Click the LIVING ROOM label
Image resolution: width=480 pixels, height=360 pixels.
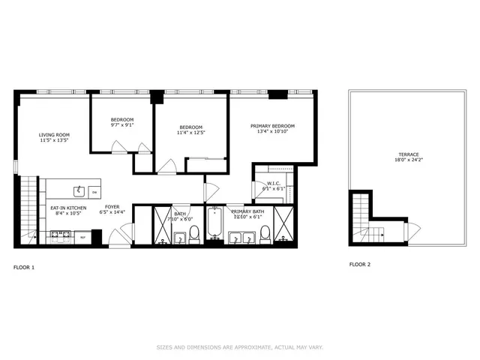tap(54, 136)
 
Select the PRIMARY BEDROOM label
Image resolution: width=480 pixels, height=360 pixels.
tap(272, 126)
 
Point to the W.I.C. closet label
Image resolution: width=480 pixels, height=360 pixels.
tap(273, 183)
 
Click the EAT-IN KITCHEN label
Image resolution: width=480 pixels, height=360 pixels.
tap(68, 208)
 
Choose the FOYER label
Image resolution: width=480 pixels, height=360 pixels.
tap(112, 207)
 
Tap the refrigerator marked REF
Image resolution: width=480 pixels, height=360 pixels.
tap(82, 238)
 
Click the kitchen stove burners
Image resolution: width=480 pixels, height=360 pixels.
tap(60, 237)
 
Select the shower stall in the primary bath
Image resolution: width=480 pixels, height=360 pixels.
tap(284, 223)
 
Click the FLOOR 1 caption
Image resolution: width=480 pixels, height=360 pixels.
tap(24, 267)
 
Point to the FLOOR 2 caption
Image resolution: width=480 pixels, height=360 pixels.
tap(360, 264)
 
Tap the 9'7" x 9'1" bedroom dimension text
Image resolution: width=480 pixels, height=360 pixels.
tap(122, 126)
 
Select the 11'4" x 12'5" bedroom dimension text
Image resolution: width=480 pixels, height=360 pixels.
tap(190, 133)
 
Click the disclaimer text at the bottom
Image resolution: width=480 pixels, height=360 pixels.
tap(240, 347)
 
